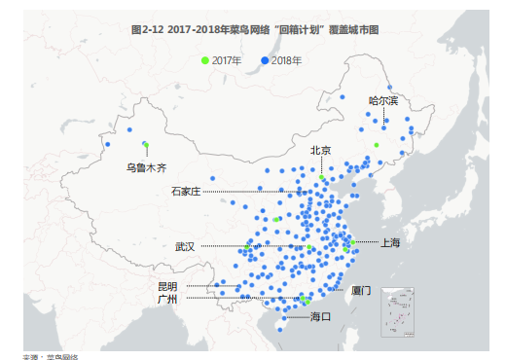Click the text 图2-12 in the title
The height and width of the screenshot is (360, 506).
(147, 30)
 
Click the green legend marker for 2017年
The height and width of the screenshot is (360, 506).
(204, 60)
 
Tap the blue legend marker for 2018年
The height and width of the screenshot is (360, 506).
(265, 60)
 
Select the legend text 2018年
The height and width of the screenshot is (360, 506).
(286, 60)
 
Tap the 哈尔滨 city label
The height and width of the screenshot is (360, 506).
(382, 100)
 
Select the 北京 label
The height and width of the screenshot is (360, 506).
(320, 150)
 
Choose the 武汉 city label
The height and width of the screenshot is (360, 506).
(185, 246)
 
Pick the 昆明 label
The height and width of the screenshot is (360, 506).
(167, 286)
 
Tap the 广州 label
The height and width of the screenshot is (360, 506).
(167, 299)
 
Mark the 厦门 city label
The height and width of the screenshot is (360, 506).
(361, 290)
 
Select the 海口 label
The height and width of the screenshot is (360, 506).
(320, 316)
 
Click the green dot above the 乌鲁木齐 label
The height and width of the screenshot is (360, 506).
(145, 145)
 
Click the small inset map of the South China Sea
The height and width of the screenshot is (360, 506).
(398, 310)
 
